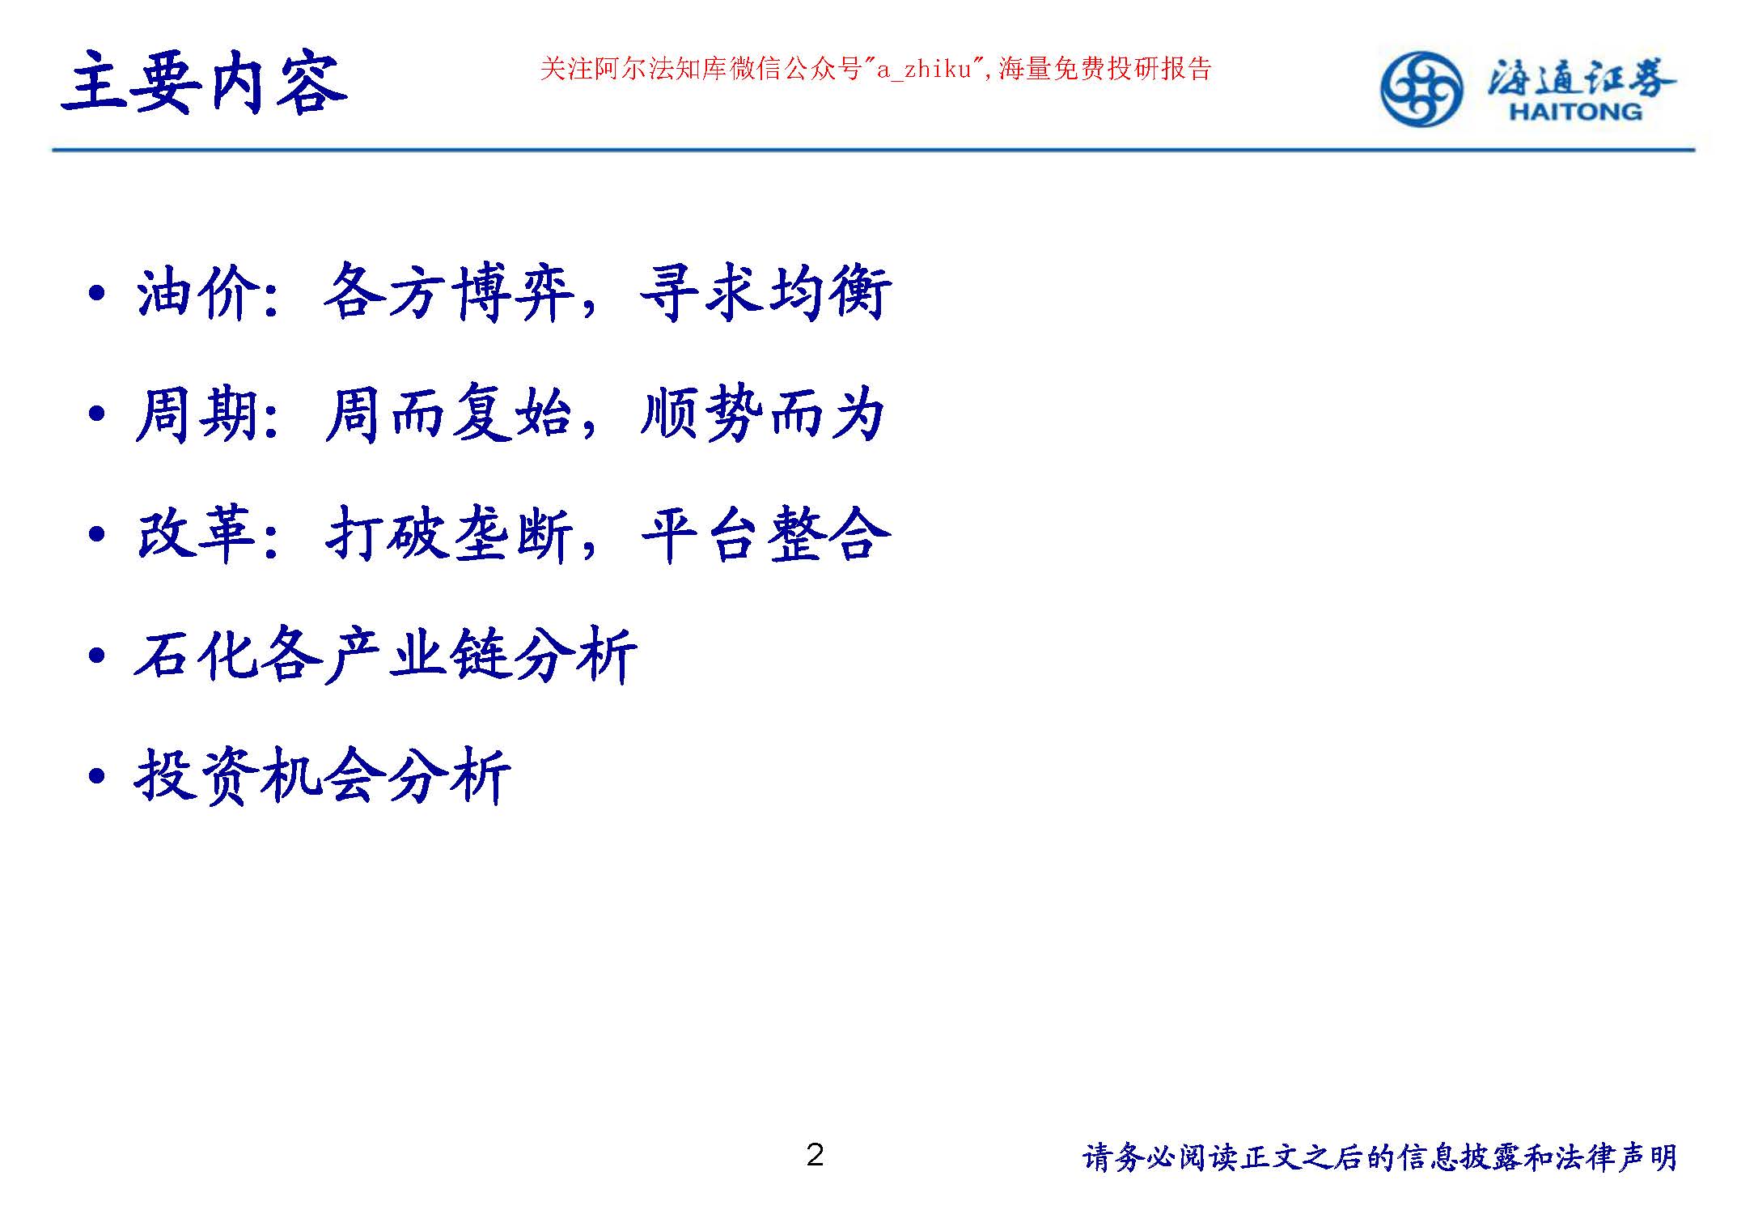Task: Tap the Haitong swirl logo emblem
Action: [x=1421, y=89]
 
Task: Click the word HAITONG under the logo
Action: [x=1575, y=112]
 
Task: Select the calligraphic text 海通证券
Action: [x=1581, y=79]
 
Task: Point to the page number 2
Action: [x=815, y=1155]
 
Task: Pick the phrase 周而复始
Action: [x=450, y=414]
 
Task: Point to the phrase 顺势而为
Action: [x=763, y=414]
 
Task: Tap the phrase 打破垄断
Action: [x=450, y=535]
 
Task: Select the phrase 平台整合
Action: [x=766, y=535]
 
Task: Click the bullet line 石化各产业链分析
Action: [x=386, y=655]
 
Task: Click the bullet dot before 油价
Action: [x=97, y=294]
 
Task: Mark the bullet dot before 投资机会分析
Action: [x=97, y=777]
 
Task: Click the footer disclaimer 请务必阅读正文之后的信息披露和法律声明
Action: [x=1380, y=1157]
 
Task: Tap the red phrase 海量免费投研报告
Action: [x=1105, y=70]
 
